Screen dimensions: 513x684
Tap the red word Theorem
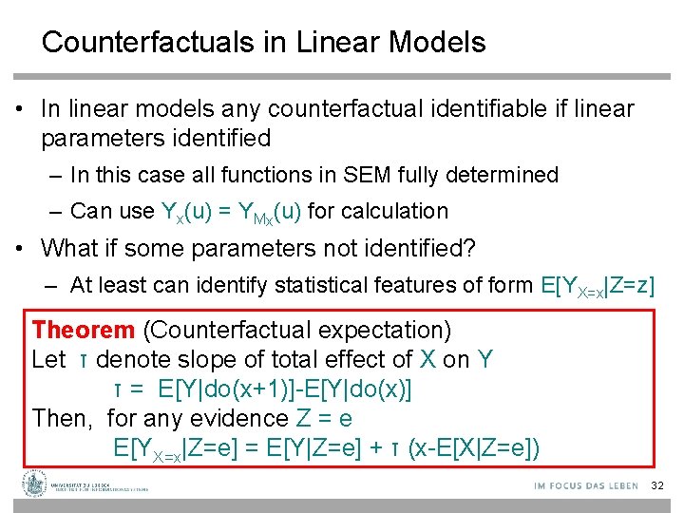pyautogui.click(x=84, y=331)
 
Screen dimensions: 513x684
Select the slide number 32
pyautogui.click(x=657, y=486)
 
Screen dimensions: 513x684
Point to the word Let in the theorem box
pyautogui.click(x=48, y=360)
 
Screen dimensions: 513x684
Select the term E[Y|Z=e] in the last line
pyautogui.click(x=326, y=447)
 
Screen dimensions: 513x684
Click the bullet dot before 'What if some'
pyautogui.click(x=21, y=250)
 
